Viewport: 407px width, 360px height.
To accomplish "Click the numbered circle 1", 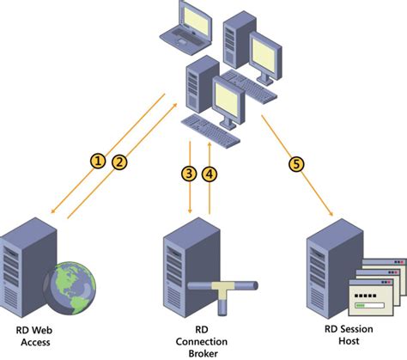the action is [98, 161].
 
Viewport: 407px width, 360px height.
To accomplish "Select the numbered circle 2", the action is [119, 162].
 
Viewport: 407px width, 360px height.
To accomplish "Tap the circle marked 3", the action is [189, 174].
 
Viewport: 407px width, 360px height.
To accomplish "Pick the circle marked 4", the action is [210, 174].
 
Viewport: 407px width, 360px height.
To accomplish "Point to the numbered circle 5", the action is [296, 164].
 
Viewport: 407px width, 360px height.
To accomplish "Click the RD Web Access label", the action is [34, 336].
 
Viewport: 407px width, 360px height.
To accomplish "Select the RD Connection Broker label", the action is [202, 341].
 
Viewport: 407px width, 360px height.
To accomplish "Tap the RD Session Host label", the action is [349, 335].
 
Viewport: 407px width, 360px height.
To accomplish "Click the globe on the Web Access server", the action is [70, 288].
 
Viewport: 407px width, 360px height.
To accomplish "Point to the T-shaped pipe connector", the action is [223, 295].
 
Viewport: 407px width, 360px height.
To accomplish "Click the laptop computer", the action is [186, 27].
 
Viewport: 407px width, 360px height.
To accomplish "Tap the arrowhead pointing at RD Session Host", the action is [331, 214].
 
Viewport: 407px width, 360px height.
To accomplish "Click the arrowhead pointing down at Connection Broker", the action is [190, 211].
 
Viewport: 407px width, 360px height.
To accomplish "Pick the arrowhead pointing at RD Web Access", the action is [52, 211].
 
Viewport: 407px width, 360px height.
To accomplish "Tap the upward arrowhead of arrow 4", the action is [210, 143].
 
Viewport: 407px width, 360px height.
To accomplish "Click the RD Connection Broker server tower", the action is [191, 266].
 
